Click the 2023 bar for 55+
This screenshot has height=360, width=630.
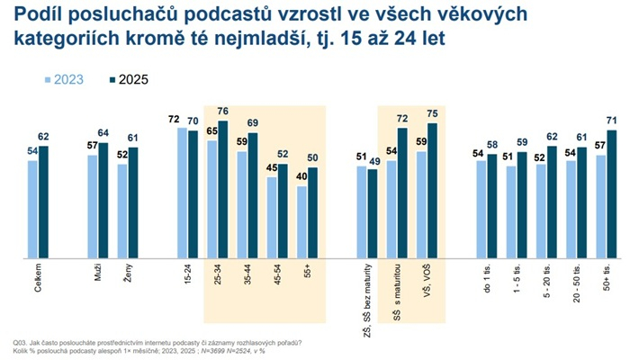coord(301,223)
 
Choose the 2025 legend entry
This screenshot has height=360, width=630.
coord(127,79)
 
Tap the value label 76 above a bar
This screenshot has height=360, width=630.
coord(222,112)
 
